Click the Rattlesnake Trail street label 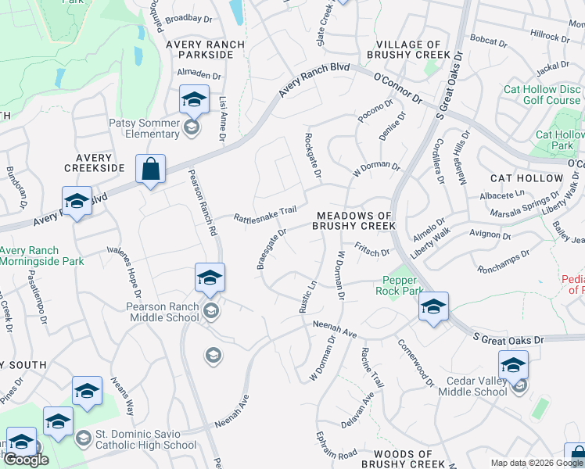[267, 212]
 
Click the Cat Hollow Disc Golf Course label [542, 95]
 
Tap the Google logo [26, 460]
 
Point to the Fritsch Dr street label [372, 252]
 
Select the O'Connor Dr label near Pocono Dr [397, 87]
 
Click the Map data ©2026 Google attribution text [537, 463]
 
